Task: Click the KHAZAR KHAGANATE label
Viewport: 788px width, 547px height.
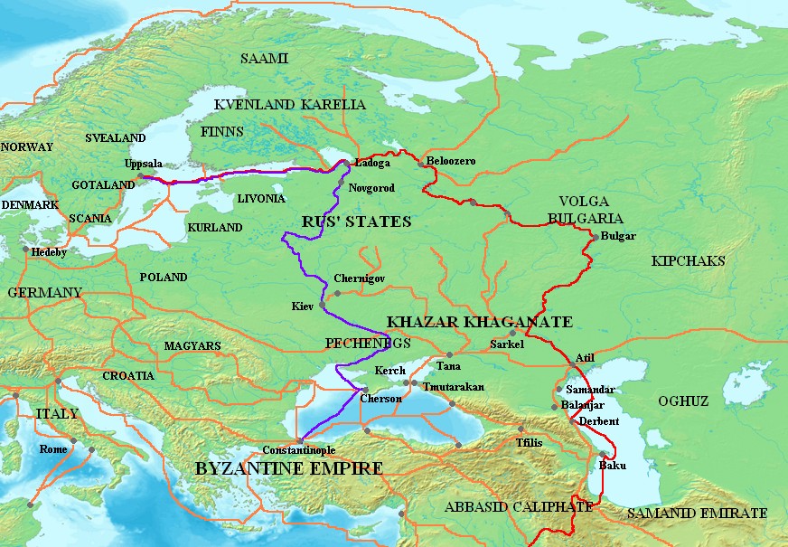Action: [x=479, y=322]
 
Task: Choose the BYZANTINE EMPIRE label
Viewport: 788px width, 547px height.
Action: [x=288, y=468]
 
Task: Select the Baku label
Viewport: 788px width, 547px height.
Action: [x=612, y=467]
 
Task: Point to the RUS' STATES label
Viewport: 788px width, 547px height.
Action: [x=355, y=222]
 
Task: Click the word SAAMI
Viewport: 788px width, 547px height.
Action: [x=264, y=59]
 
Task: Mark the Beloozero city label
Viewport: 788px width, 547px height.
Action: [x=451, y=161]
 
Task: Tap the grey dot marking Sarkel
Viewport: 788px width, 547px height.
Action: [x=512, y=334]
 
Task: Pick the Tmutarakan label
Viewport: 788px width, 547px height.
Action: [x=454, y=387]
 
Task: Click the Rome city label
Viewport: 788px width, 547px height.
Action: [x=53, y=449]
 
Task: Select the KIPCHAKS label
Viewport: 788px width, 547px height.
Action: [x=688, y=261]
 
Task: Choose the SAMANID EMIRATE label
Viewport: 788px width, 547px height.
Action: [x=697, y=514]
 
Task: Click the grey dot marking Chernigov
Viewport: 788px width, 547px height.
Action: [x=337, y=293]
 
